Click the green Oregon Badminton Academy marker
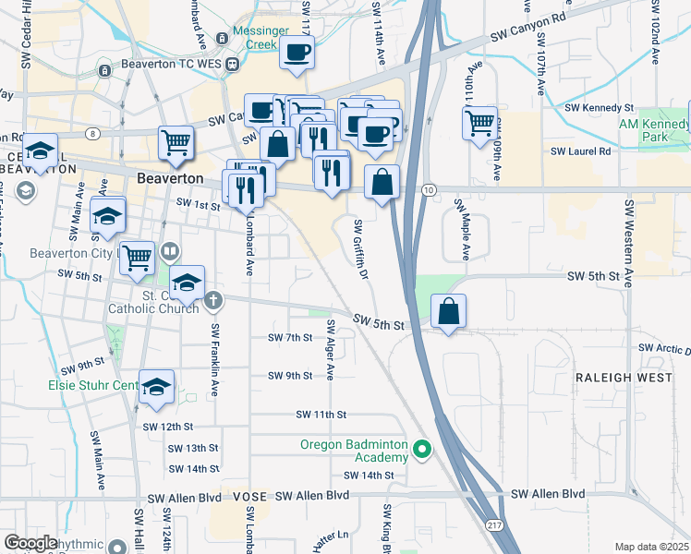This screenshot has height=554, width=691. pos(423,451)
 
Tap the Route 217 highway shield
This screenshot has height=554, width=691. pos(491,524)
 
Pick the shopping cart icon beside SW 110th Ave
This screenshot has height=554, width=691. pos(480,123)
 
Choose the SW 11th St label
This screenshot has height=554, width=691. pos(321,415)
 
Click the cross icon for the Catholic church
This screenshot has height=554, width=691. pos(213,299)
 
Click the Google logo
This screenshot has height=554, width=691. pos(30,543)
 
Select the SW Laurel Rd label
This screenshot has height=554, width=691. pos(580,151)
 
